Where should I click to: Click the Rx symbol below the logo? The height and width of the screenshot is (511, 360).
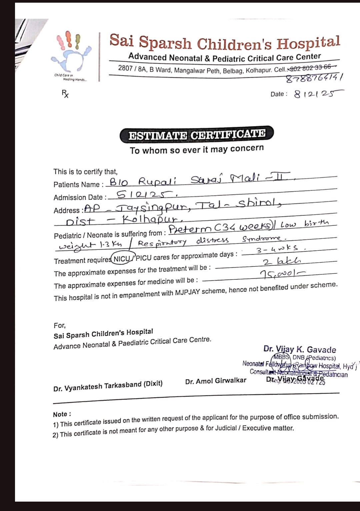pyautogui.click(x=65, y=94)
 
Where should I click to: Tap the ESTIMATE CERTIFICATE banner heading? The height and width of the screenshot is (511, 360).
pyautogui.click(x=197, y=135)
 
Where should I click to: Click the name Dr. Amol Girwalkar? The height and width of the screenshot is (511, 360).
pyautogui.click(x=216, y=381)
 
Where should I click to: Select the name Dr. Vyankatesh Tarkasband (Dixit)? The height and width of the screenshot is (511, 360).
pyautogui.click(x=108, y=386)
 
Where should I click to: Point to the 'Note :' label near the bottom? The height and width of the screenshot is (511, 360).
pyautogui.click(x=62, y=414)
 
